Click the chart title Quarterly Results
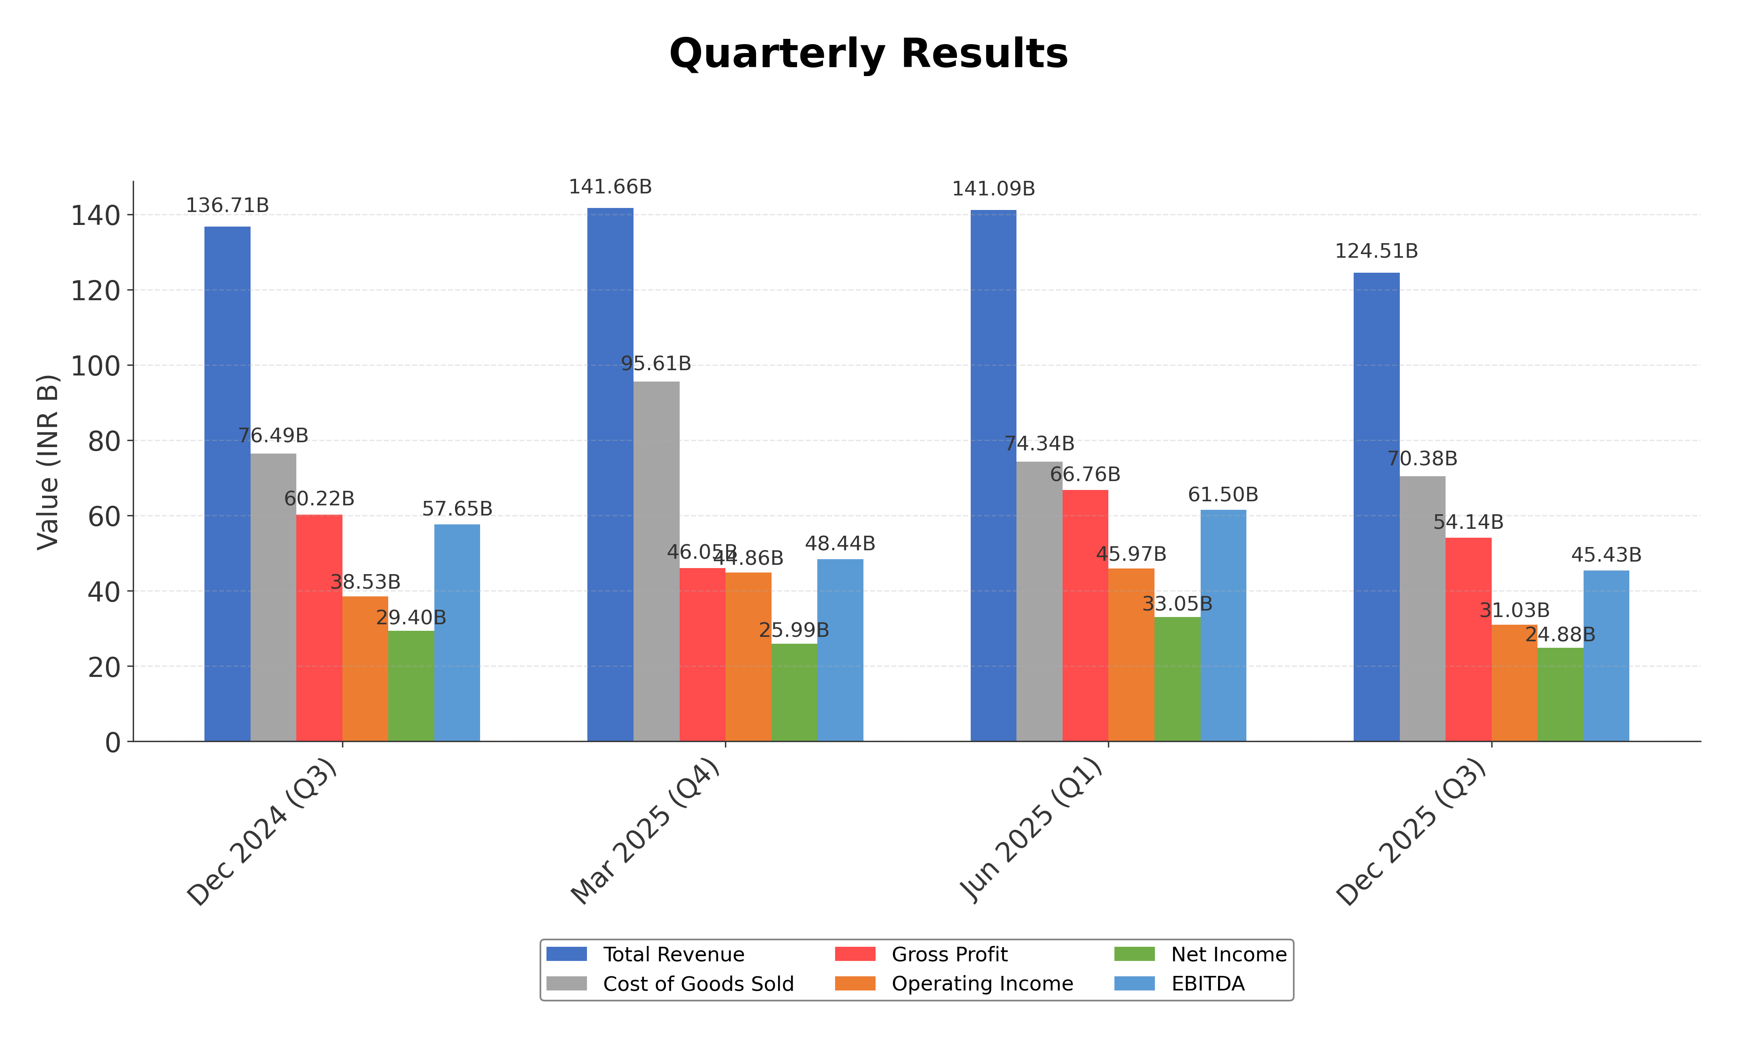point(868,54)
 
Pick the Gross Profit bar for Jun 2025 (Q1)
point(1085,615)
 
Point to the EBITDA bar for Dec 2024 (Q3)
point(457,632)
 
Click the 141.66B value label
point(610,187)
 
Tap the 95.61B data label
point(656,363)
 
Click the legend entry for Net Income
point(1228,954)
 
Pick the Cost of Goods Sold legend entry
point(697,984)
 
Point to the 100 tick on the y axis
point(96,365)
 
